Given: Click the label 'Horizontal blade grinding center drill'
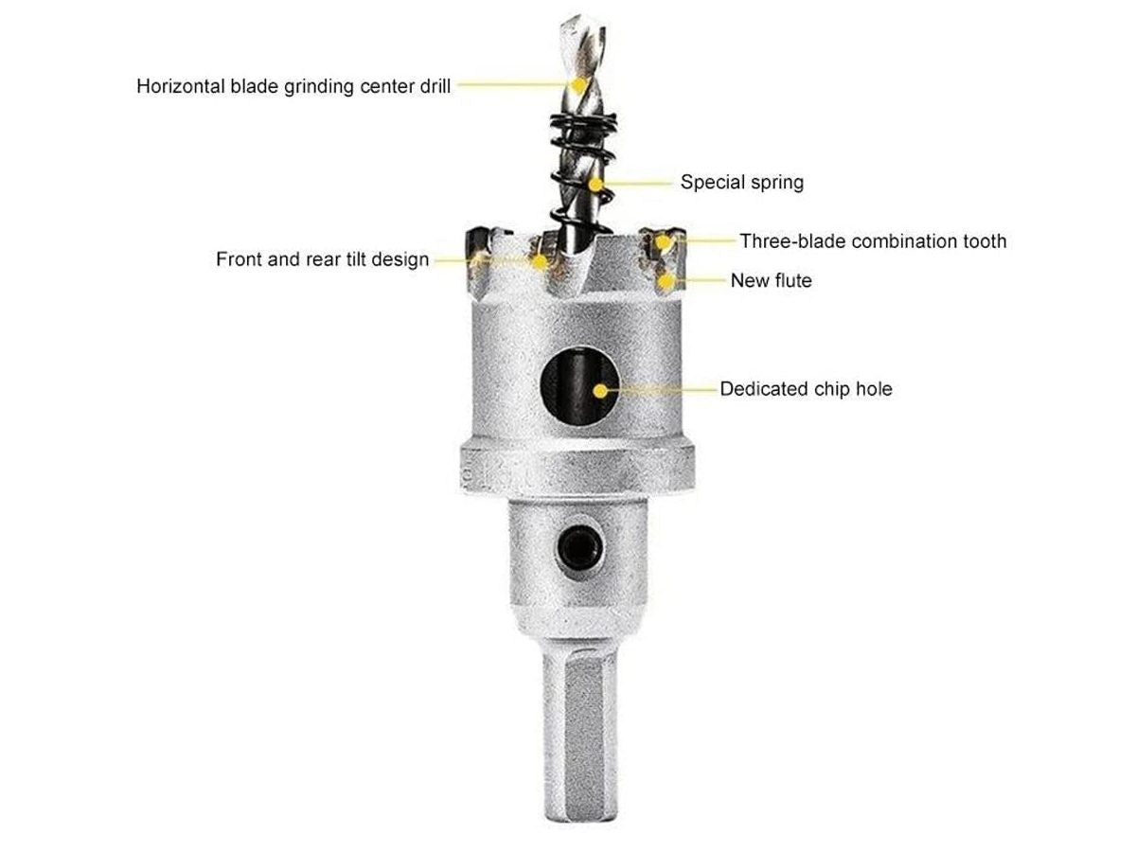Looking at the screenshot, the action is point(293,86).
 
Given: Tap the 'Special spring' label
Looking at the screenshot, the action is point(741,183).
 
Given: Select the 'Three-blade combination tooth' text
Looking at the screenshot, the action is point(873,241).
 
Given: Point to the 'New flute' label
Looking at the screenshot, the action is point(772,281).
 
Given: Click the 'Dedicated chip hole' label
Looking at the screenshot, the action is point(806,389).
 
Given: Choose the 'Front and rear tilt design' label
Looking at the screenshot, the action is point(323,259).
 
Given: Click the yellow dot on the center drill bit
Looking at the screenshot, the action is point(579,84).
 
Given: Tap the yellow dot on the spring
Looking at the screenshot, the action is point(595,185).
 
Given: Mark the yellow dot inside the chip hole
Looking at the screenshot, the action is point(600,391).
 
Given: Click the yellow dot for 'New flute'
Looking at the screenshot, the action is point(666,281).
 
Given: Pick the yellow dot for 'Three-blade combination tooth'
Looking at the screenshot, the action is point(662,241).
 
